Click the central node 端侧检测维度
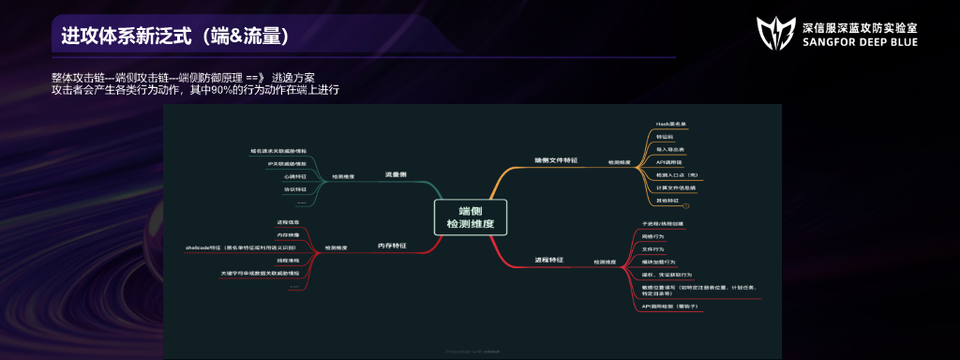point(470,217)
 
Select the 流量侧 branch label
point(395,174)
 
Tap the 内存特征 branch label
point(391,245)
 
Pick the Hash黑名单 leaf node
point(671,124)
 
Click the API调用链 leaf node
point(669,161)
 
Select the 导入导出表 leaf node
point(670,149)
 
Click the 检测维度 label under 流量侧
point(343,176)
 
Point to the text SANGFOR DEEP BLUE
point(861,43)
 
